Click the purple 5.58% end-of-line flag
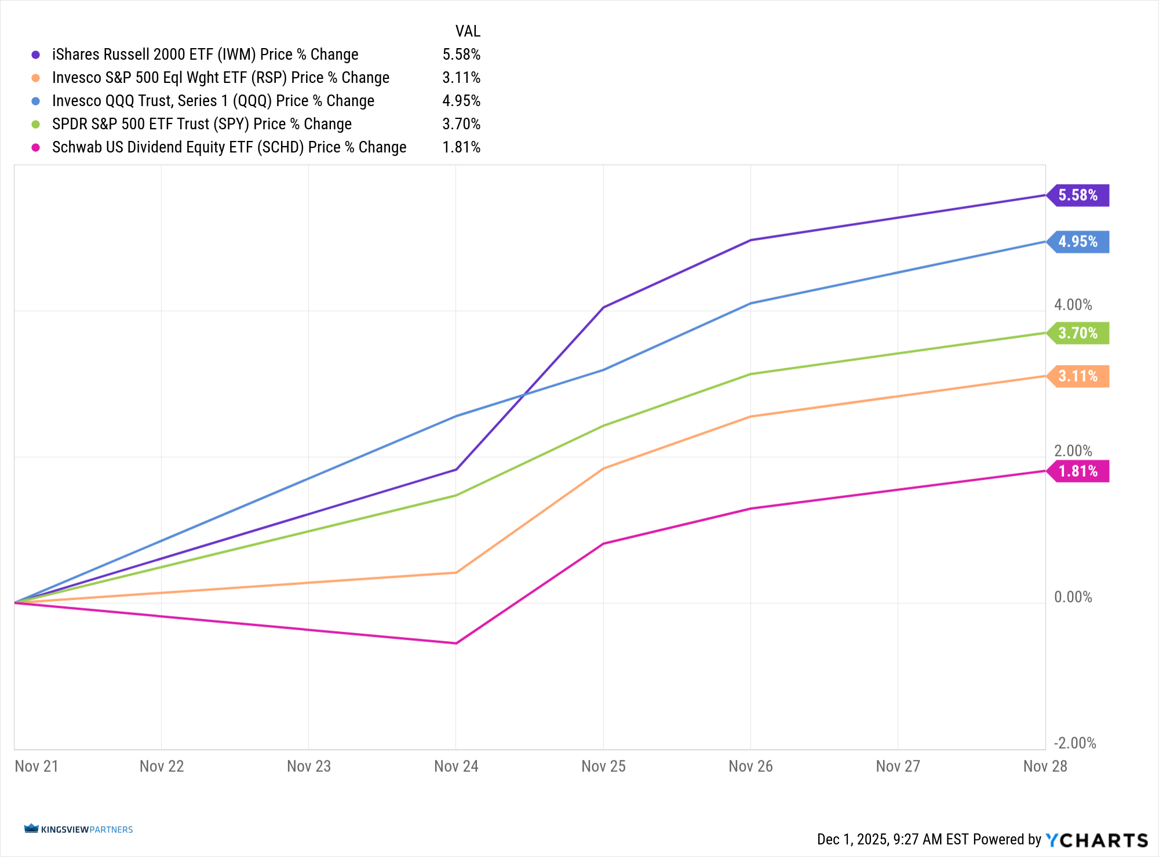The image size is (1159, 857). point(1078,195)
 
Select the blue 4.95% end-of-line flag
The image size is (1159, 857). point(1078,242)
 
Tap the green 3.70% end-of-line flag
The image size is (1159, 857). point(1078,333)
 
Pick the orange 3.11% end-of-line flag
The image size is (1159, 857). point(1078,376)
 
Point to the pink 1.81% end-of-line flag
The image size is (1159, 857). point(1078,471)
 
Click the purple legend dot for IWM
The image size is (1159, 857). point(36,55)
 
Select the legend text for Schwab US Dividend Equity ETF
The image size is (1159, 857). point(229,147)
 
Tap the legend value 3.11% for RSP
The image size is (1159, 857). point(461,78)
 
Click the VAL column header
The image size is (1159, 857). point(468,31)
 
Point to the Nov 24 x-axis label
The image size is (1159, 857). point(456,766)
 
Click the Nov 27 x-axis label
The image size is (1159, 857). point(898,766)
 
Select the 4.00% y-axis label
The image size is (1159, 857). point(1073,305)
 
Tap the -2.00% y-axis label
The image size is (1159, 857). point(1075,743)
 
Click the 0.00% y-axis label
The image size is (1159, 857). point(1073,597)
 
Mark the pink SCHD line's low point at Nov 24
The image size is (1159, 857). point(456,643)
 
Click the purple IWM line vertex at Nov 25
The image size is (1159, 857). point(603,307)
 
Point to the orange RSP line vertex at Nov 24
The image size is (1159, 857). point(456,572)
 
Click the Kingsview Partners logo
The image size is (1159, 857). point(78,829)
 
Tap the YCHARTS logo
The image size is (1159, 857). point(1096,840)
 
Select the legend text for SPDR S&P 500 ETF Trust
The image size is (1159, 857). point(202,124)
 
